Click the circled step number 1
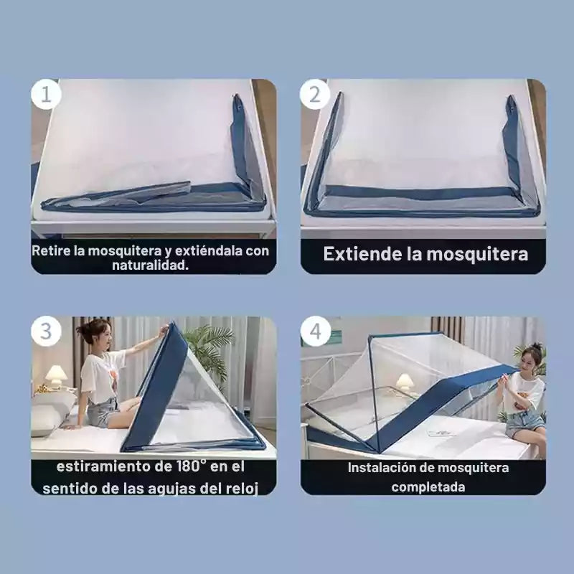click(x=46, y=95)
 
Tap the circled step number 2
click(x=315, y=95)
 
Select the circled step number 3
click(x=46, y=331)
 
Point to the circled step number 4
click(x=316, y=331)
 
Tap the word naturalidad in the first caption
click(x=151, y=265)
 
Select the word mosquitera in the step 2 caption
click(x=477, y=255)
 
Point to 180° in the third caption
click(x=191, y=466)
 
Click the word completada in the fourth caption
click(x=428, y=487)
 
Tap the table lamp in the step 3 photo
click(x=56, y=375)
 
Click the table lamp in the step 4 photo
click(x=404, y=382)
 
